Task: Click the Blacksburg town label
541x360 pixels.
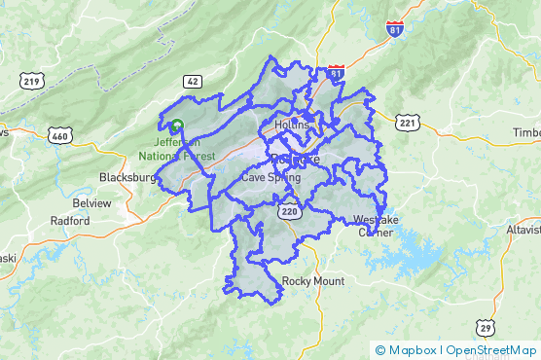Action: pos(127,178)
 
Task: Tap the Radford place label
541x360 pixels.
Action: pos(71,221)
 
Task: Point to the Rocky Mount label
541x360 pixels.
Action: pos(313,281)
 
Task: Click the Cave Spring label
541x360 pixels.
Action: pos(271,178)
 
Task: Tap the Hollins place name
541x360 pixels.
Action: pos(292,125)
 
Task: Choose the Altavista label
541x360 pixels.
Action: pos(523,230)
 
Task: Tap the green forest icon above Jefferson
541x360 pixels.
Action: pos(176,126)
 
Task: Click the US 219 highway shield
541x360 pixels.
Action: pos(31,80)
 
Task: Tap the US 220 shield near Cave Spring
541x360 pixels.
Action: pos(287,209)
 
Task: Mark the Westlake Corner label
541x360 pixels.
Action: pos(376,225)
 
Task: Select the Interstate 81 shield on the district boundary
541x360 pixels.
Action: pos(336,73)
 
